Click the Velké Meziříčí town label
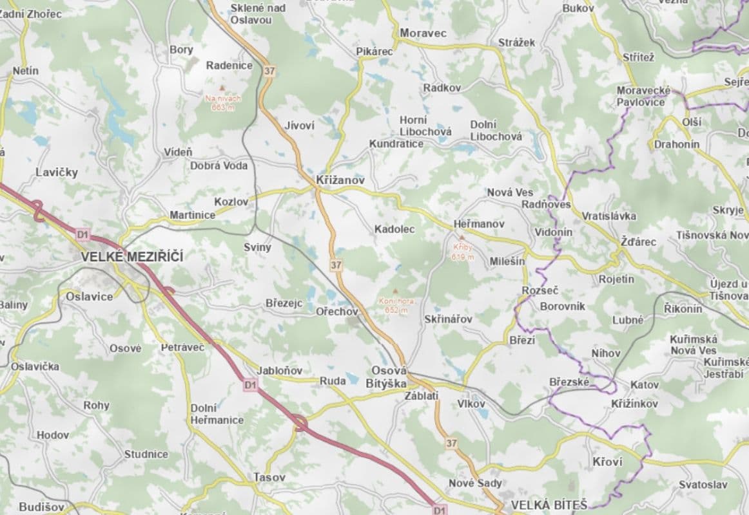(x=132, y=257)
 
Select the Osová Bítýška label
(x=389, y=377)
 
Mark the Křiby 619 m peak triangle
(x=462, y=238)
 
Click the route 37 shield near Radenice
(x=269, y=71)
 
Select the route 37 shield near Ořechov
(x=335, y=265)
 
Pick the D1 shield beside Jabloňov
(x=250, y=385)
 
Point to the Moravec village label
(x=423, y=32)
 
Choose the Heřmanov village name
(x=479, y=223)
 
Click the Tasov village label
(x=269, y=478)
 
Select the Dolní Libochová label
(x=496, y=130)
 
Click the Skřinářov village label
(x=448, y=319)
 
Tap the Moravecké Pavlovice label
(x=643, y=96)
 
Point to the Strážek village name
(x=516, y=42)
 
